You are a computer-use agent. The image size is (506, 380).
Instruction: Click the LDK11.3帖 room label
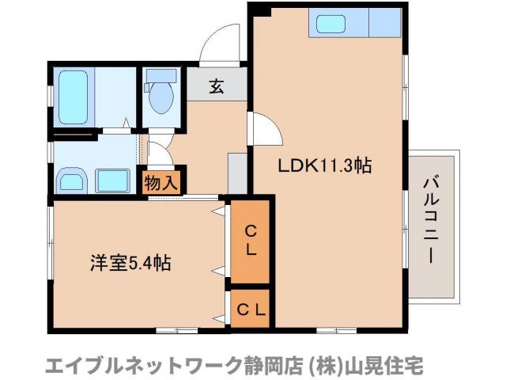pos(324,166)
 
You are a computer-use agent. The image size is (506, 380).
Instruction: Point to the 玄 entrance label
pos(216,86)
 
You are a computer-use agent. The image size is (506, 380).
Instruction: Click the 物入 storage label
pos(160,183)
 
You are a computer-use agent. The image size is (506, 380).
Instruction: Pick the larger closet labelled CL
pos(249,239)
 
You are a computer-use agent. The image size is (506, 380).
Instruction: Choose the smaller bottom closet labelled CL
pos(249,310)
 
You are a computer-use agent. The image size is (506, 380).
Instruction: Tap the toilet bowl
pos(163,97)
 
